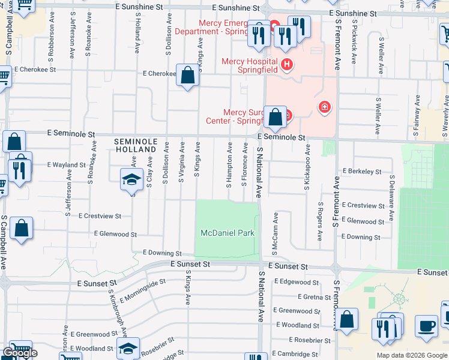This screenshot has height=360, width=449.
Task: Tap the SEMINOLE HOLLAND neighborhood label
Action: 136,146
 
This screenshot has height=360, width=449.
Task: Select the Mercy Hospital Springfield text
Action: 249,65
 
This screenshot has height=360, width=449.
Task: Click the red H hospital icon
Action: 287,64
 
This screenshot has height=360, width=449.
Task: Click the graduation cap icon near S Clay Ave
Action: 131,179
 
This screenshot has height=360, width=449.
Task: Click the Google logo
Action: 20,353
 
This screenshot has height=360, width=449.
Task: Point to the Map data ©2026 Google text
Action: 411,355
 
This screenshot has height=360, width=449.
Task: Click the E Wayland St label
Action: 66,164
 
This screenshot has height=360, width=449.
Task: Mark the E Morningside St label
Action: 143,290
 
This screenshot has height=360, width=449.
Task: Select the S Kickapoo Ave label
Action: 307,167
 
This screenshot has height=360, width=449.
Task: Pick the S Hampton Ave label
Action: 229,164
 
